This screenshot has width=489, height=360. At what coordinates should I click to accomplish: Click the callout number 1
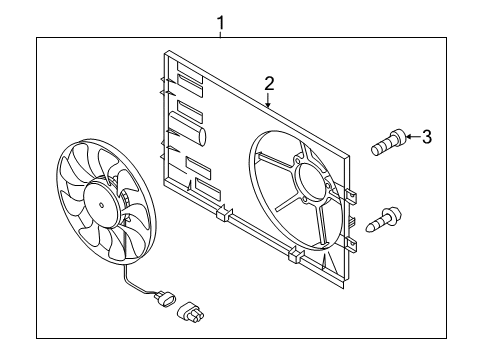pos(220,23)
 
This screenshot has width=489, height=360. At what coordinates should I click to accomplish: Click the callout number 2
pos(269,83)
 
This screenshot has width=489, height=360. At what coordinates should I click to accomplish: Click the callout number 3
pos(427,137)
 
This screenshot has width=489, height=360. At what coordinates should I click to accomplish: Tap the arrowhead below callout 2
pos(268,105)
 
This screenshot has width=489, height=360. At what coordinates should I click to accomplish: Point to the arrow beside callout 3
pos(412,136)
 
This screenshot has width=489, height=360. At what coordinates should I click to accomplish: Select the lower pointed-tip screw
pos(384,219)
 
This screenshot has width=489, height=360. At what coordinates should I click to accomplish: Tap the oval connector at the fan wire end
pos(168,297)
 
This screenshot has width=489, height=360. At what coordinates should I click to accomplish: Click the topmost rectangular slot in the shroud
pos(190,81)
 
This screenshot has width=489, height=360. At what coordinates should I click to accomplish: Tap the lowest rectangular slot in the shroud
pos(207,187)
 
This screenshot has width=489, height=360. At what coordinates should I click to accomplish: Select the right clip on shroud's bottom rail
pos(295,254)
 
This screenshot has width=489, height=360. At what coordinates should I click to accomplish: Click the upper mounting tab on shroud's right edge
pos(352,196)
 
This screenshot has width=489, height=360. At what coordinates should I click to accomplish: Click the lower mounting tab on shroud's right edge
pos(352,245)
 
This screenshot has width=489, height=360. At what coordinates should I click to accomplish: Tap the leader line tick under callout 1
pos(220,34)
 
